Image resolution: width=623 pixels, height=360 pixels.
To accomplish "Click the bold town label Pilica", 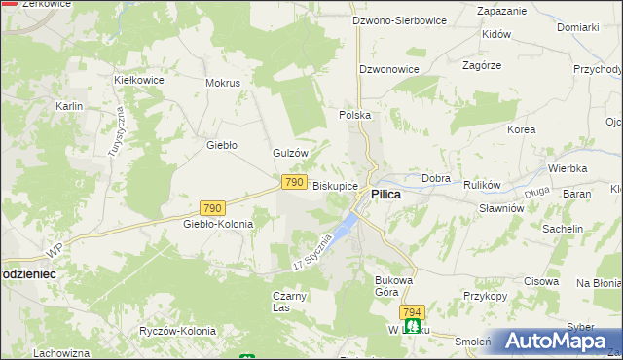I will tap(385, 195).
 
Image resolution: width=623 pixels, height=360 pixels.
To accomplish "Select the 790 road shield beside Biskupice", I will tap(295, 182).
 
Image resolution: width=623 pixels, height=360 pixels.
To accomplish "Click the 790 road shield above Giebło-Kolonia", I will tap(213, 208).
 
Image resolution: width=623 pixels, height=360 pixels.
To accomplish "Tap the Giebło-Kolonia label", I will tap(218, 224).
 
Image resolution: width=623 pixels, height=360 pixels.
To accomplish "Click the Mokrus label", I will tap(222, 83).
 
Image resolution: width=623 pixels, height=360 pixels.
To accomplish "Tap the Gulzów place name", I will tap(290, 153).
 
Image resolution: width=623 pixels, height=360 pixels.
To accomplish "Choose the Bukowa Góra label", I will tap(395, 286).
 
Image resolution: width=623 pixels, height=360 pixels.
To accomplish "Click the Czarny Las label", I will tap(290, 302).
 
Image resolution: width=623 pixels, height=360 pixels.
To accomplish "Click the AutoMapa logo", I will tap(557, 342).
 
